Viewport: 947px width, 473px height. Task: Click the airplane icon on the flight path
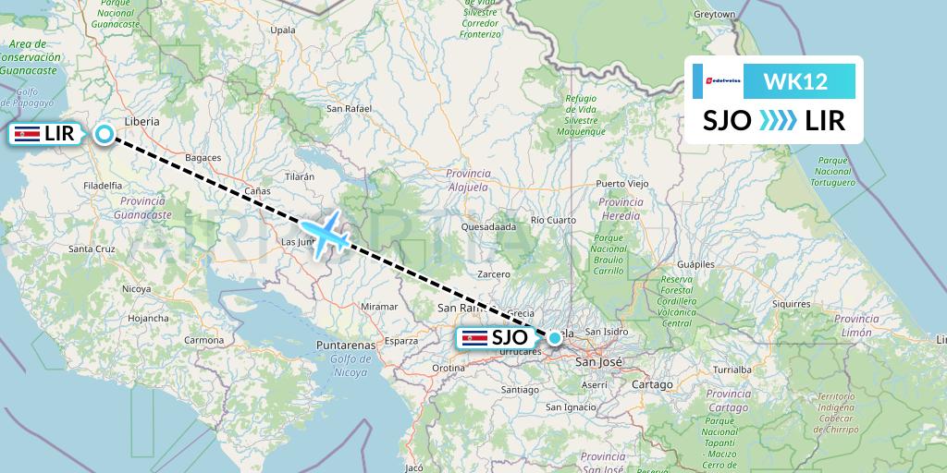pos(325,233)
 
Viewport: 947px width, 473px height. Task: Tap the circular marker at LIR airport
pos(105,134)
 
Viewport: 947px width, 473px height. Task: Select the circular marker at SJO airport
pos(554,338)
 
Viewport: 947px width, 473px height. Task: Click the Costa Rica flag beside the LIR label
pos(27,134)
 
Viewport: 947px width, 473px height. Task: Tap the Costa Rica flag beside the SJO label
pos(474,338)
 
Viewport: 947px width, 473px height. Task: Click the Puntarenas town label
pos(344,345)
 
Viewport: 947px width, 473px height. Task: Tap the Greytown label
pos(715,15)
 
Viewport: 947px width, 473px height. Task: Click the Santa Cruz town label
pos(92,249)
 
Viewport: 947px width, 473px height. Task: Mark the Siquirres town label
pos(792,303)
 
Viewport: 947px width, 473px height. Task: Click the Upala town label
pos(281,30)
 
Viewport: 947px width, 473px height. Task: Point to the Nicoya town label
pos(136,289)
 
